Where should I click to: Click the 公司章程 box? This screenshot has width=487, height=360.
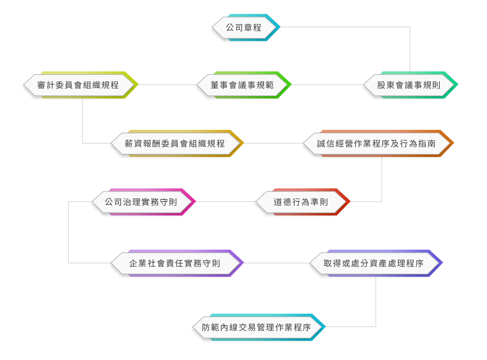[243, 28]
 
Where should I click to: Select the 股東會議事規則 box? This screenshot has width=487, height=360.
[408, 85]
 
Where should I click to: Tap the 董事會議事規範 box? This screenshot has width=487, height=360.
[242, 85]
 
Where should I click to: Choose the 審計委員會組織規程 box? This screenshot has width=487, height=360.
[78, 85]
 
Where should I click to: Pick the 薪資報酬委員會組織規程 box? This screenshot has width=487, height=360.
[175, 143]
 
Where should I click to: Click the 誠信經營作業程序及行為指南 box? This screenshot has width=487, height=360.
[376, 143]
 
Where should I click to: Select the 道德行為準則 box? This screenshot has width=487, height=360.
[301, 202]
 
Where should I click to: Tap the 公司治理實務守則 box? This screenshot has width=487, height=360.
[141, 202]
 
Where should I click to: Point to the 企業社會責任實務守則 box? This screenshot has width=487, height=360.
[175, 263]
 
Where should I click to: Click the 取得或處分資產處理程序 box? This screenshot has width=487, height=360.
[374, 263]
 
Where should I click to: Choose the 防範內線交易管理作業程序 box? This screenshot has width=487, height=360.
[256, 327]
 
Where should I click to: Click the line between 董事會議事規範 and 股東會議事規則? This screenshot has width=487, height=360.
[325, 85]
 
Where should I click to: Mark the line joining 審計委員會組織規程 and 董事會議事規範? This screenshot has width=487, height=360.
[166, 85]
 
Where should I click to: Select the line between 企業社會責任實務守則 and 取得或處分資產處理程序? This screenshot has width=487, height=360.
[275, 263]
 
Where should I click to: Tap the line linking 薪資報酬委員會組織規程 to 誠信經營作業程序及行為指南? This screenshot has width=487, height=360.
[272, 143]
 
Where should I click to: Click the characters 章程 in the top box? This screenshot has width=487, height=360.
[253, 28]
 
